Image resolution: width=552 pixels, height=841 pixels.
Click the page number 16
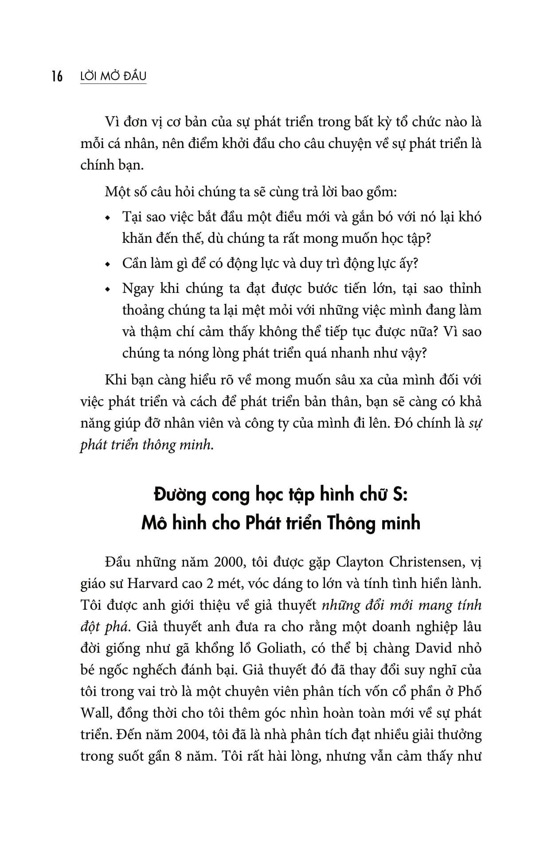click(57, 77)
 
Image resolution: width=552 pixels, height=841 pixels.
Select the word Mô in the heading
click(153, 523)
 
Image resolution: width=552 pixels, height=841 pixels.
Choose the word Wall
click(94, 713)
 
